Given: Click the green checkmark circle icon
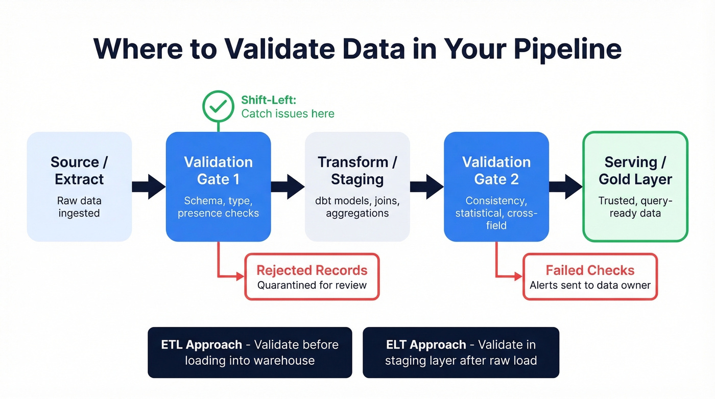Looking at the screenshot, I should [218, 106].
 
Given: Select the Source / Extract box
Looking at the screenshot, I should [79, 186].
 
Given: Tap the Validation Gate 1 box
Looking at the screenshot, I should [218, 186].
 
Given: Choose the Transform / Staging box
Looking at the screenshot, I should [357, 186].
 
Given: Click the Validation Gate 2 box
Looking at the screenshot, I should [496, 186].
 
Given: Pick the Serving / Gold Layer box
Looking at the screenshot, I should [635, 186].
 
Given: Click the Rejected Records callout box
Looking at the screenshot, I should [312, 276].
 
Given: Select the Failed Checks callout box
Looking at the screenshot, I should [590, 276].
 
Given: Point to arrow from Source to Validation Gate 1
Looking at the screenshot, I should [149, 186].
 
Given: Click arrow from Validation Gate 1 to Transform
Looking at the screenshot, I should [288, 186].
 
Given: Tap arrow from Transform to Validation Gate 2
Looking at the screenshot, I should [426, 186].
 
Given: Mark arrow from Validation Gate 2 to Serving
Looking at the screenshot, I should [566, 186].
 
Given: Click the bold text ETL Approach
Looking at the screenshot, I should [201, 344].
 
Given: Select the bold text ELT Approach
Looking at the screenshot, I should [426, 344].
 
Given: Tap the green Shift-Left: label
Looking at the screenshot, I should [269, 100].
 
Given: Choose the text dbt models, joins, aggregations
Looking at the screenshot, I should [357, 207].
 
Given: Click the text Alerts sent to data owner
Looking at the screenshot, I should [590, 285].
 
